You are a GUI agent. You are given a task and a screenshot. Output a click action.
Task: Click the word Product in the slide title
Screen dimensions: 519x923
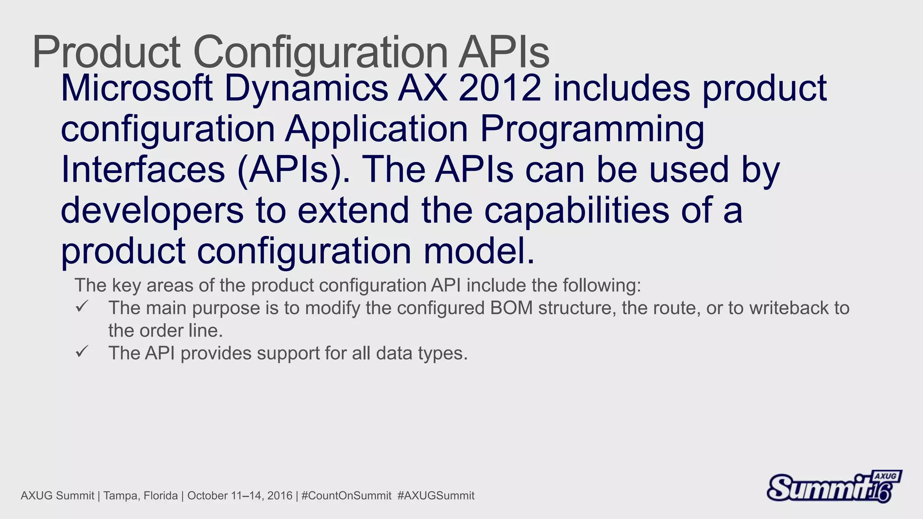[x=106, y=52]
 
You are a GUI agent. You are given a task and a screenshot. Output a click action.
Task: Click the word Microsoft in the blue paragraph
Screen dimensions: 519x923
[x=137, y=88]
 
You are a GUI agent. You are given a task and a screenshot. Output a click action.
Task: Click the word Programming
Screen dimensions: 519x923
[x=592, y=130]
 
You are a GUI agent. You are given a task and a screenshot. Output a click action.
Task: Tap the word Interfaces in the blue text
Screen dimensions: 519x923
[x=143, y=169]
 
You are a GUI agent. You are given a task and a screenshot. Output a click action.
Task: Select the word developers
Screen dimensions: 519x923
[x=152, y=211]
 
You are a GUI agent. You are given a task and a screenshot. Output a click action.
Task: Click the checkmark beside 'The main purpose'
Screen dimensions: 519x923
[x=82, y=307]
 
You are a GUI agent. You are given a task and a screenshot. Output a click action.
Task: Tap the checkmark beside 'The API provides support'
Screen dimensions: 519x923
[x=82, y=352]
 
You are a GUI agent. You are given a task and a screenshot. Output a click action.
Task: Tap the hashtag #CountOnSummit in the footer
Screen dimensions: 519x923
[x=346, y=496]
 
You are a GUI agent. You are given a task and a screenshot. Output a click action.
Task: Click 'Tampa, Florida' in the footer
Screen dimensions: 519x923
[x=141, y=496]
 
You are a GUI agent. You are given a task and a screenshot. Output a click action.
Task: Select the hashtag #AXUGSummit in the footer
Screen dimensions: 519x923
[x=436, y=496]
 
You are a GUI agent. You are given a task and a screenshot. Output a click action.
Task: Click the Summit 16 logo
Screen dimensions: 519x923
[x=834, y=487]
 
